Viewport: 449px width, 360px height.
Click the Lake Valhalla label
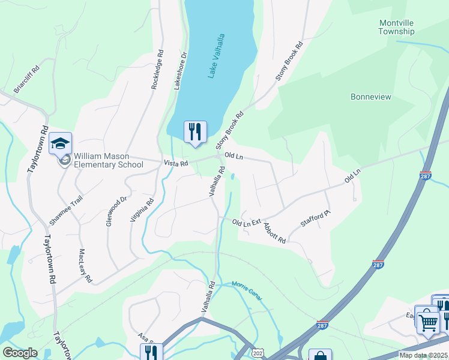(217, 56)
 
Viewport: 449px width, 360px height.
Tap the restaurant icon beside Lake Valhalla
(194, 131)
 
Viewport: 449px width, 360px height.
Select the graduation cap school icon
(60, 143)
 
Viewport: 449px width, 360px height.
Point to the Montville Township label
(397, 27)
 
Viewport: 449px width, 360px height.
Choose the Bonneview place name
(370, 97)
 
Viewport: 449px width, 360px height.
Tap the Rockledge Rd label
(156, 70)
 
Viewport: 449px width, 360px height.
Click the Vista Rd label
(176, 163)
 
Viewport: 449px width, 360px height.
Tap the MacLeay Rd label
(85, 266)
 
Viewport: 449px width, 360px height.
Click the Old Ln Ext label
(246, 223)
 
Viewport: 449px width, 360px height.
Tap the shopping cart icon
(428, 323)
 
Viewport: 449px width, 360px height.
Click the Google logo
(20, 353)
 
